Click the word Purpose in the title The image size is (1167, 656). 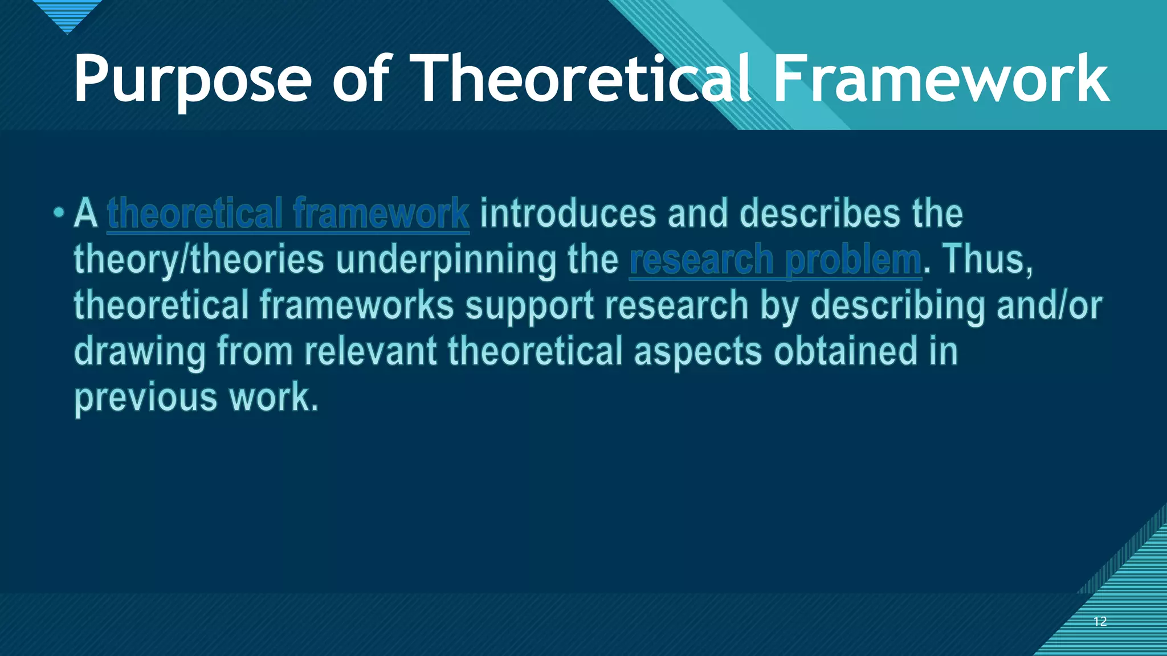(x=192, y=80)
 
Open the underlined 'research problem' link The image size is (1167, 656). (x=775, y=260)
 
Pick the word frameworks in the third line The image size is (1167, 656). (x=357, y=306)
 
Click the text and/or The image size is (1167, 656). (x=1049, y=306)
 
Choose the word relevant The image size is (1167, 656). (x=370, y=351)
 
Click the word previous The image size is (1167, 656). (x=146, y=398)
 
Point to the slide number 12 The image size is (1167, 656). (x=1100, y=621)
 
